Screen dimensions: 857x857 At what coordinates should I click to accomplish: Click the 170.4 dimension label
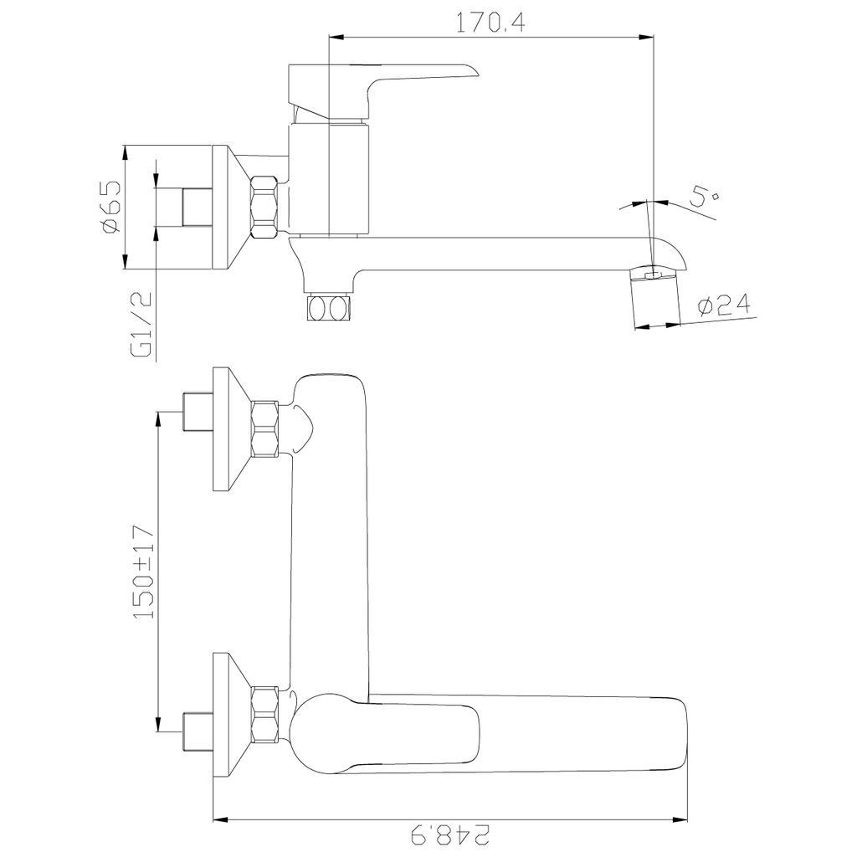[x=490, y=23]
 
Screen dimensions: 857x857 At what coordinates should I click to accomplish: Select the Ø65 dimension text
[x=110, y=208]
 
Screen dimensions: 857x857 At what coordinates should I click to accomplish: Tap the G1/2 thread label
[x=141, y=325]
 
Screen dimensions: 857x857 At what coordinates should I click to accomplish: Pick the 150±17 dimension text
[x=144, y=572]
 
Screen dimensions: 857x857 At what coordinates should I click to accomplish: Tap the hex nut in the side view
[x=264, y=207]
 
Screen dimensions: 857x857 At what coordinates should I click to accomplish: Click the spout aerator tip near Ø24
[x=655, y=299]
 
